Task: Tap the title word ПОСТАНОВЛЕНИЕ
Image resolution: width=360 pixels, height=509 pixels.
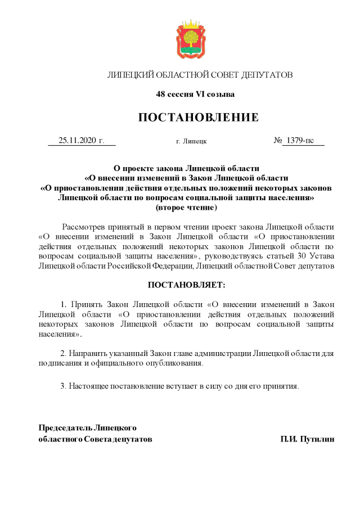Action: (198, 117)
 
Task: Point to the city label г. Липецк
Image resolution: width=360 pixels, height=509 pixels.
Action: (191, 141)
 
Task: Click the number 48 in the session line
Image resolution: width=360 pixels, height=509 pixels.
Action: (160, 94)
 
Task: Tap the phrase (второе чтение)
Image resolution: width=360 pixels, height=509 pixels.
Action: (186, 208)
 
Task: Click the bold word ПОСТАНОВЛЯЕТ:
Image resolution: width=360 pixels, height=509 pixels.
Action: (186, 285)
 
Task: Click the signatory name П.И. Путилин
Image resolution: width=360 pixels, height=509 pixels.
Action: (308, 439)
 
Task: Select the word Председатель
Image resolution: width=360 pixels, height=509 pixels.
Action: (65, 428)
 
